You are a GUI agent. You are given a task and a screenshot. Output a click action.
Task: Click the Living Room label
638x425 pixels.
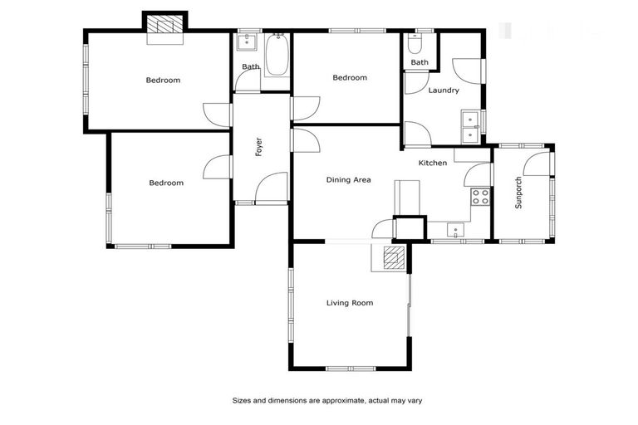click(x=349, y=303)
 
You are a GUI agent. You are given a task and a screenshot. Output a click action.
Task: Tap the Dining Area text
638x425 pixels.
click(x=348, y=179)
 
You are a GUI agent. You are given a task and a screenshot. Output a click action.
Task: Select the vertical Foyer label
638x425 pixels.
click(x=259, y=146)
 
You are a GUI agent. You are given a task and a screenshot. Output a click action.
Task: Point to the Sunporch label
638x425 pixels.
click(x=519, y=193)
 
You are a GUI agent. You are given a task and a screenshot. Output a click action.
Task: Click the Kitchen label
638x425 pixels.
click(x=432, y=163)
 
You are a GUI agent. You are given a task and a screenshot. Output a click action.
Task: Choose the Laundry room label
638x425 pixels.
click(x=443, y=90)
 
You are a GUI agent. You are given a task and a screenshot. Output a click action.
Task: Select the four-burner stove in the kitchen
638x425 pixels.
click(x=480, y=197)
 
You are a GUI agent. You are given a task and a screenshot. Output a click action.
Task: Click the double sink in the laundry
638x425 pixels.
click(x=469, y=125)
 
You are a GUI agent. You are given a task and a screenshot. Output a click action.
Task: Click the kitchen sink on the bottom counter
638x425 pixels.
click(x=455, y=230)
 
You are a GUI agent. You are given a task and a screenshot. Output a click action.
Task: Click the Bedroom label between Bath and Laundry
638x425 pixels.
click(x=350, y=78)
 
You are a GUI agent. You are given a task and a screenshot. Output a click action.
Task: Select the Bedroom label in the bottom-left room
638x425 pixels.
click(x=166, y=183)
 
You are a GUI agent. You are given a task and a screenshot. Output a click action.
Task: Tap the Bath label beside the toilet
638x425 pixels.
click(x=420, y=62)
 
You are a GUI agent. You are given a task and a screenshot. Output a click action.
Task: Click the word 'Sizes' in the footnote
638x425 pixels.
click(x=242, y=400)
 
